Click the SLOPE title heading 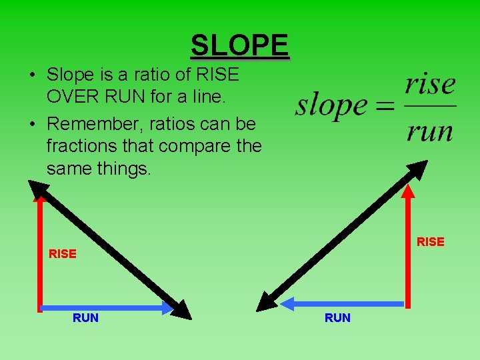click(239, 45)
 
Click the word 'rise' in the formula click(430, 85)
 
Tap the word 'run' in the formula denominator click(430, 131)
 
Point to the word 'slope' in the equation click(331, 105)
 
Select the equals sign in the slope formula click(383, 106)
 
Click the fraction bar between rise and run click(430, 106)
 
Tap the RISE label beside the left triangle click(63, 254)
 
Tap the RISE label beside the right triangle click(431, 242)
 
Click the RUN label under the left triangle click(85, 318)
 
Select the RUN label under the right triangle click(337, 318)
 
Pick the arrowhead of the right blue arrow click(288, 304)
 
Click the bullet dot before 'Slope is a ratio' click(32, 74)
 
